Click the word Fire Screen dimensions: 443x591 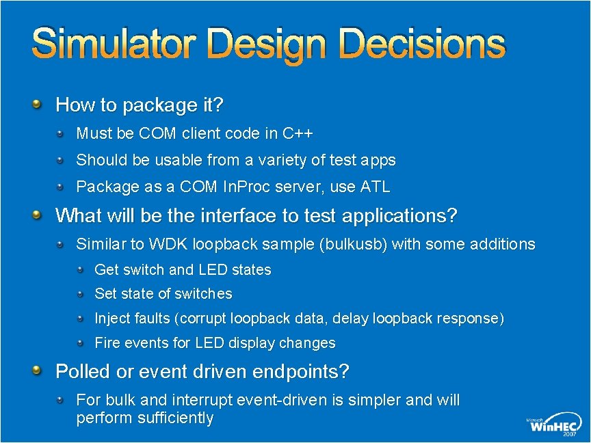tap(107, 343)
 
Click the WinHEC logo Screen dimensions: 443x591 tap(553, 425)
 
